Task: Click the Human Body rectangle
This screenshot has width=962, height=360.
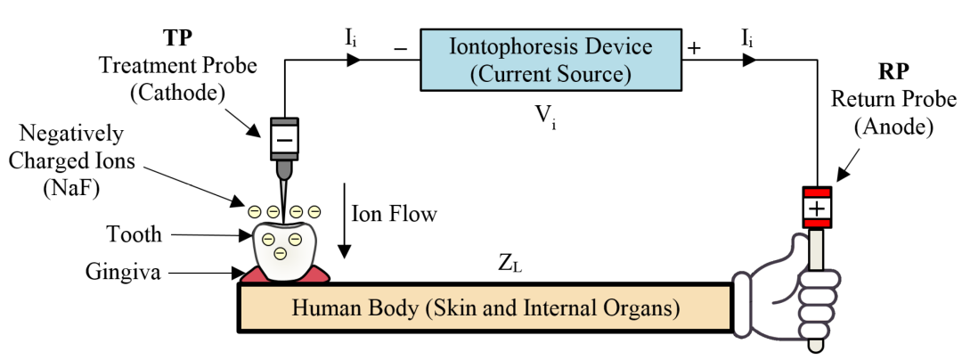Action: coord(485,309)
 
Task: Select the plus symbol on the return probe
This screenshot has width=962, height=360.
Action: coord(817,209)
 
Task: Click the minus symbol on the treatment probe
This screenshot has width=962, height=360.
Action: coord(284,138)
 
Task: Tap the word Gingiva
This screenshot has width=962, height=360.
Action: coord(124,271)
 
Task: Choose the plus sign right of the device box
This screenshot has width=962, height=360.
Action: coord(694,48)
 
